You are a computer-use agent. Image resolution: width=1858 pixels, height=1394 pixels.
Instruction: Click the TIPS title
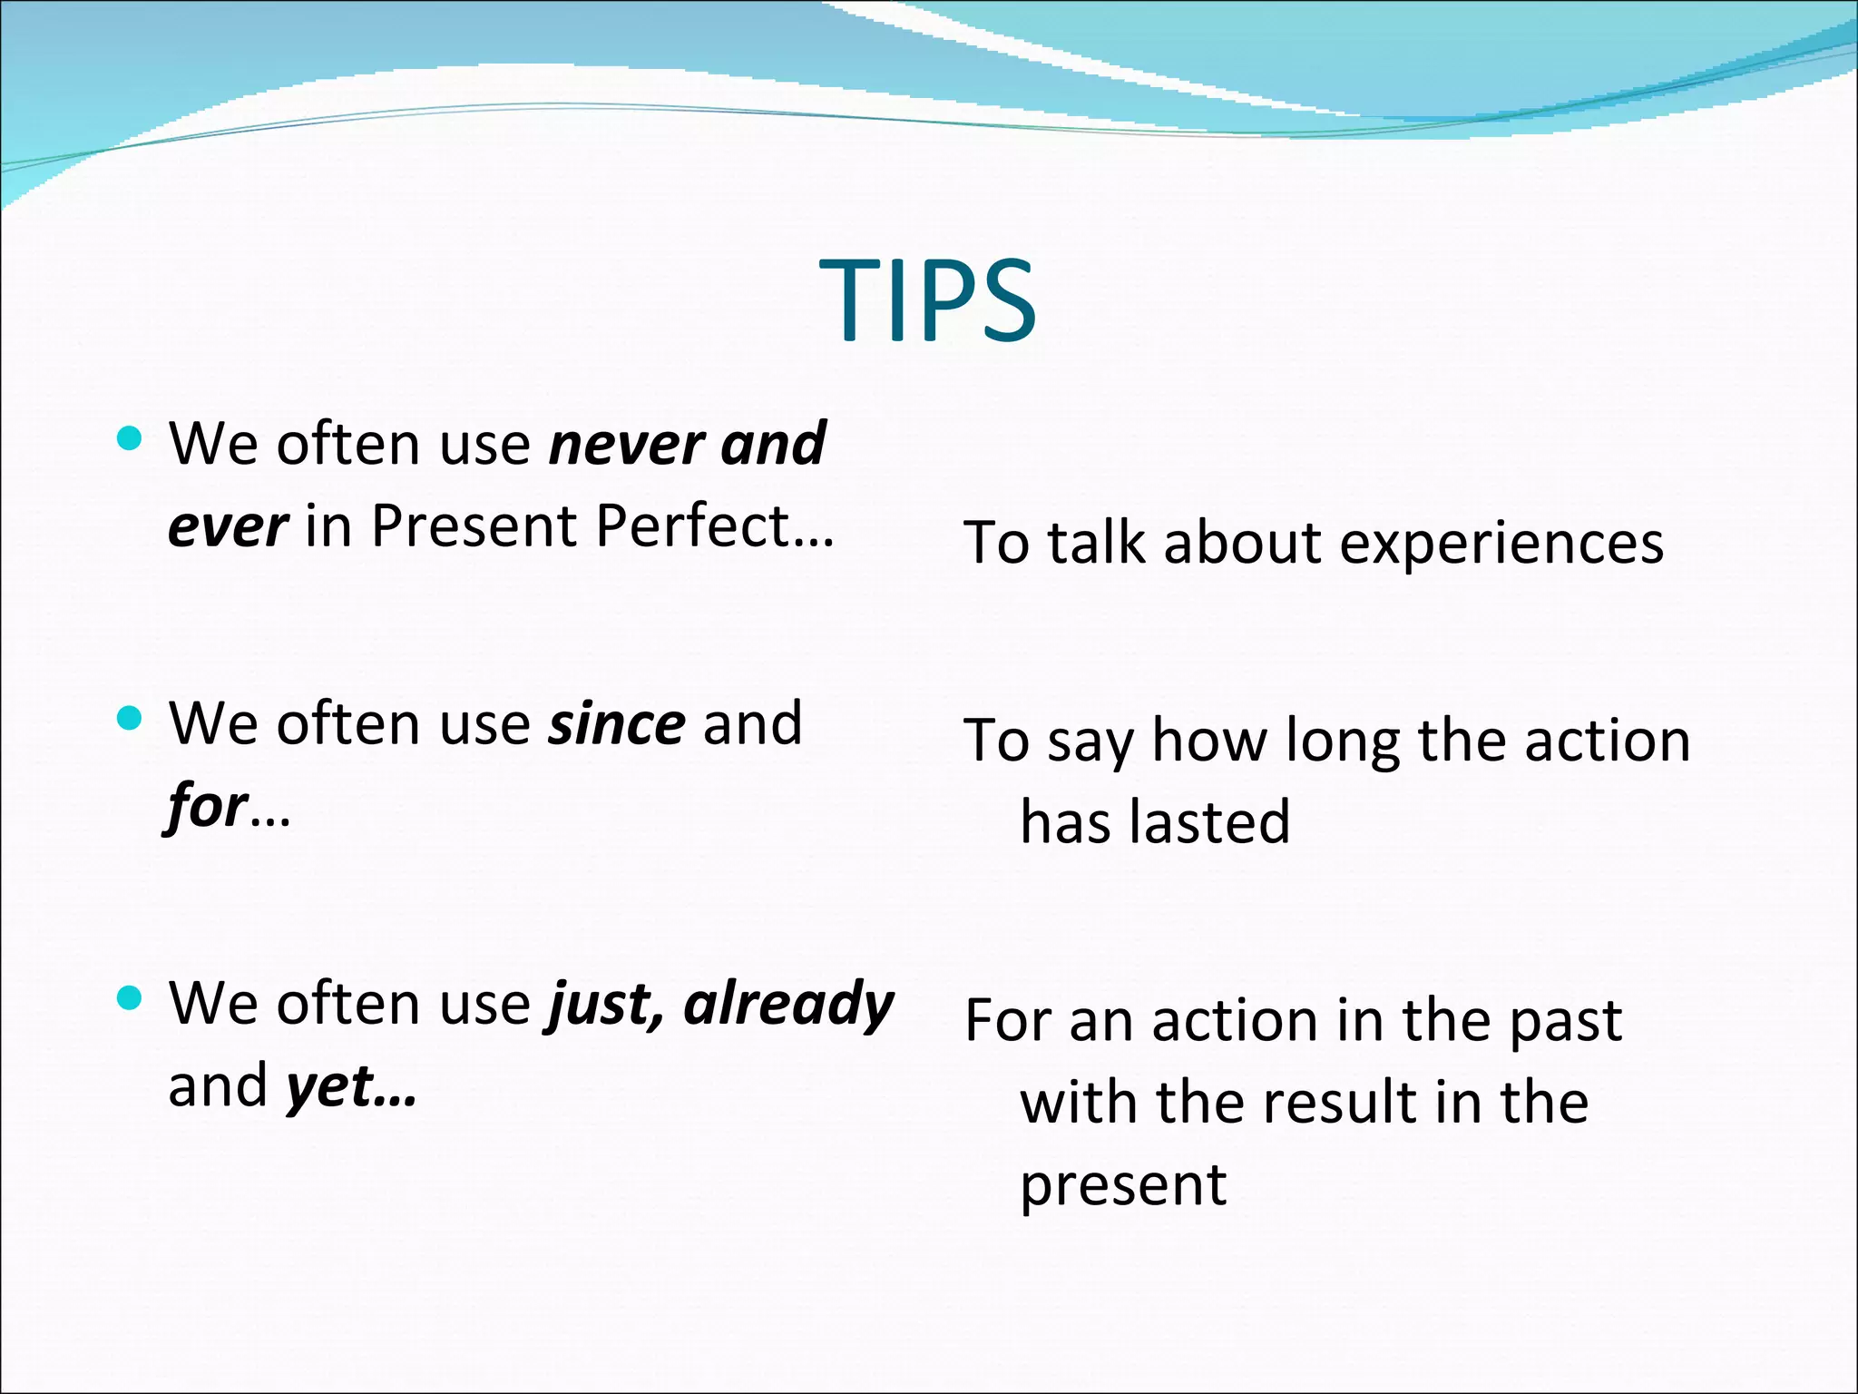(927, 299)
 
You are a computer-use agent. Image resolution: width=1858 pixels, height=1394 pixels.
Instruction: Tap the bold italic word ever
(228, 526)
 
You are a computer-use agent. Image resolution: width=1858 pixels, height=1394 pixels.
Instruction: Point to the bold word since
(617, 724)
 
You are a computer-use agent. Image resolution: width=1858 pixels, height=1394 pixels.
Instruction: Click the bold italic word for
(207, 806)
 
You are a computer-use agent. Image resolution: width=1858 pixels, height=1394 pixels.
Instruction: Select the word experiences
(1501, 544)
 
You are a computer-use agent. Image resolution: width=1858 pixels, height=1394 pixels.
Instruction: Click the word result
(1340, 1103)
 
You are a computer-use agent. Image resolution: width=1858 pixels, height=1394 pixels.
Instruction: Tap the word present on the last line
(1123, 1185)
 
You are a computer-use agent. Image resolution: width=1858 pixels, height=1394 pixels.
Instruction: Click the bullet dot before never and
(131, 439)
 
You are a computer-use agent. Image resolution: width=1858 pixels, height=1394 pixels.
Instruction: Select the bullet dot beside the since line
(131, 719)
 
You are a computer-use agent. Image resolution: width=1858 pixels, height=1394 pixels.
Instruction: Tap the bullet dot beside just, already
(131, 998)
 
